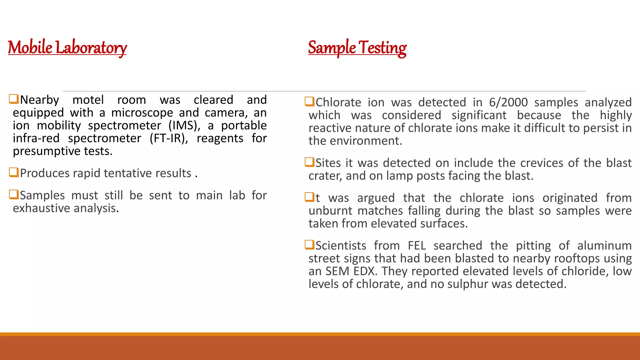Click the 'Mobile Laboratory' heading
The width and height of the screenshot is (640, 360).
coord(67,48)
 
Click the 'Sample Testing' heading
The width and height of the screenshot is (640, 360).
coord(357,48)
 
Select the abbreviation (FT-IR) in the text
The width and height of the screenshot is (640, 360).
coord(169,138)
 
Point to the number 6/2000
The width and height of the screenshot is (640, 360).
coord(508,102)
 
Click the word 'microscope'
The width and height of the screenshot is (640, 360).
coord(142,113)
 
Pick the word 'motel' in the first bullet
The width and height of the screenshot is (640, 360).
coord(88,100)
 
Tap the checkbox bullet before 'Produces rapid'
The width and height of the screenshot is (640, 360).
coord(14,172)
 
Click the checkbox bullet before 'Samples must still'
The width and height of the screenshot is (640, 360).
coord(14,195)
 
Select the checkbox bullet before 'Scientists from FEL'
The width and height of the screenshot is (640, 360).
coord(309,245)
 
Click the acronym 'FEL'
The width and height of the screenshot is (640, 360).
coord(417,246)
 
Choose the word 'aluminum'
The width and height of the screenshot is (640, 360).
coord(604,246)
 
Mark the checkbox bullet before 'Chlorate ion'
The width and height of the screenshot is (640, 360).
coord(309,102)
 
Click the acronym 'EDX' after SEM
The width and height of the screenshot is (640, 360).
coord(364,271)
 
